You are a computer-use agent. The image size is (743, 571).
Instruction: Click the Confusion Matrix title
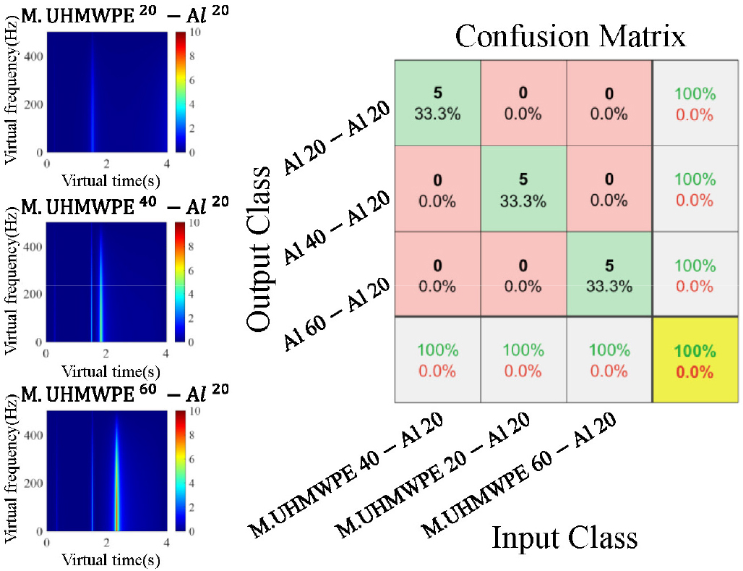[570, 34]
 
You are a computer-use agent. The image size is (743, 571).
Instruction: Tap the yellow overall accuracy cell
[695, 360]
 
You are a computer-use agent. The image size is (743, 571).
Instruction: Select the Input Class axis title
[564, 538]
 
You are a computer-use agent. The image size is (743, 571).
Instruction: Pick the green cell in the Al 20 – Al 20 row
[437, 103]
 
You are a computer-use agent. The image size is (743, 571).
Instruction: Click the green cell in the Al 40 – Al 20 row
[523, 189]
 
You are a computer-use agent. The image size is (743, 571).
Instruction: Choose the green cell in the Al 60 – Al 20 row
[609, 274]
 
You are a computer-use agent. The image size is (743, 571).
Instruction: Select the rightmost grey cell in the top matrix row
[695, 103]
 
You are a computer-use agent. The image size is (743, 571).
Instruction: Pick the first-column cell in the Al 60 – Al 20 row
[437, 274]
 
